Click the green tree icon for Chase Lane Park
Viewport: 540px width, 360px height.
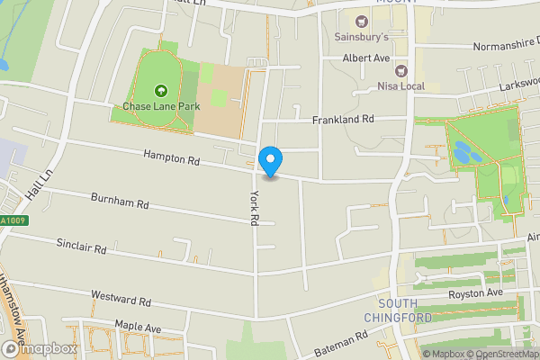click(x=161, y=90)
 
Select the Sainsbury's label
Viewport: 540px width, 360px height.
click(x=361, y=38)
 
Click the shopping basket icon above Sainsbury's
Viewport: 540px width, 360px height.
click(x=362, y=22)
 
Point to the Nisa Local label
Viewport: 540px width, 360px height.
click(x=400, y=86)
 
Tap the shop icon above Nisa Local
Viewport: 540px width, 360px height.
click(x=400, y=70)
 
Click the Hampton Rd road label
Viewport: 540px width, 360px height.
click(x=170, y=157)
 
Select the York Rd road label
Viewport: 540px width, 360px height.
click(x=255, y=207)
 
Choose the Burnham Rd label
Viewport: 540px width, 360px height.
click(x=119, y=202)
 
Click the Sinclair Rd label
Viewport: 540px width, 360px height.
click(x=81, y=245)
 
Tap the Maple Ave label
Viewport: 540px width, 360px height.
click(x=136, y=325)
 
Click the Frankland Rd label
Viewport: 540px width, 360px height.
click(x=342, y=119)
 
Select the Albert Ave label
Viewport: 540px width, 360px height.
click(x=365, y=58)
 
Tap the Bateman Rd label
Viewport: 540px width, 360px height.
click(x=342, y=344)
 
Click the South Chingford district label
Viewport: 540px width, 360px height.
click(x=399, y=310)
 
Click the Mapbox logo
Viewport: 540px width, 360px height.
click(x=40, y=349)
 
